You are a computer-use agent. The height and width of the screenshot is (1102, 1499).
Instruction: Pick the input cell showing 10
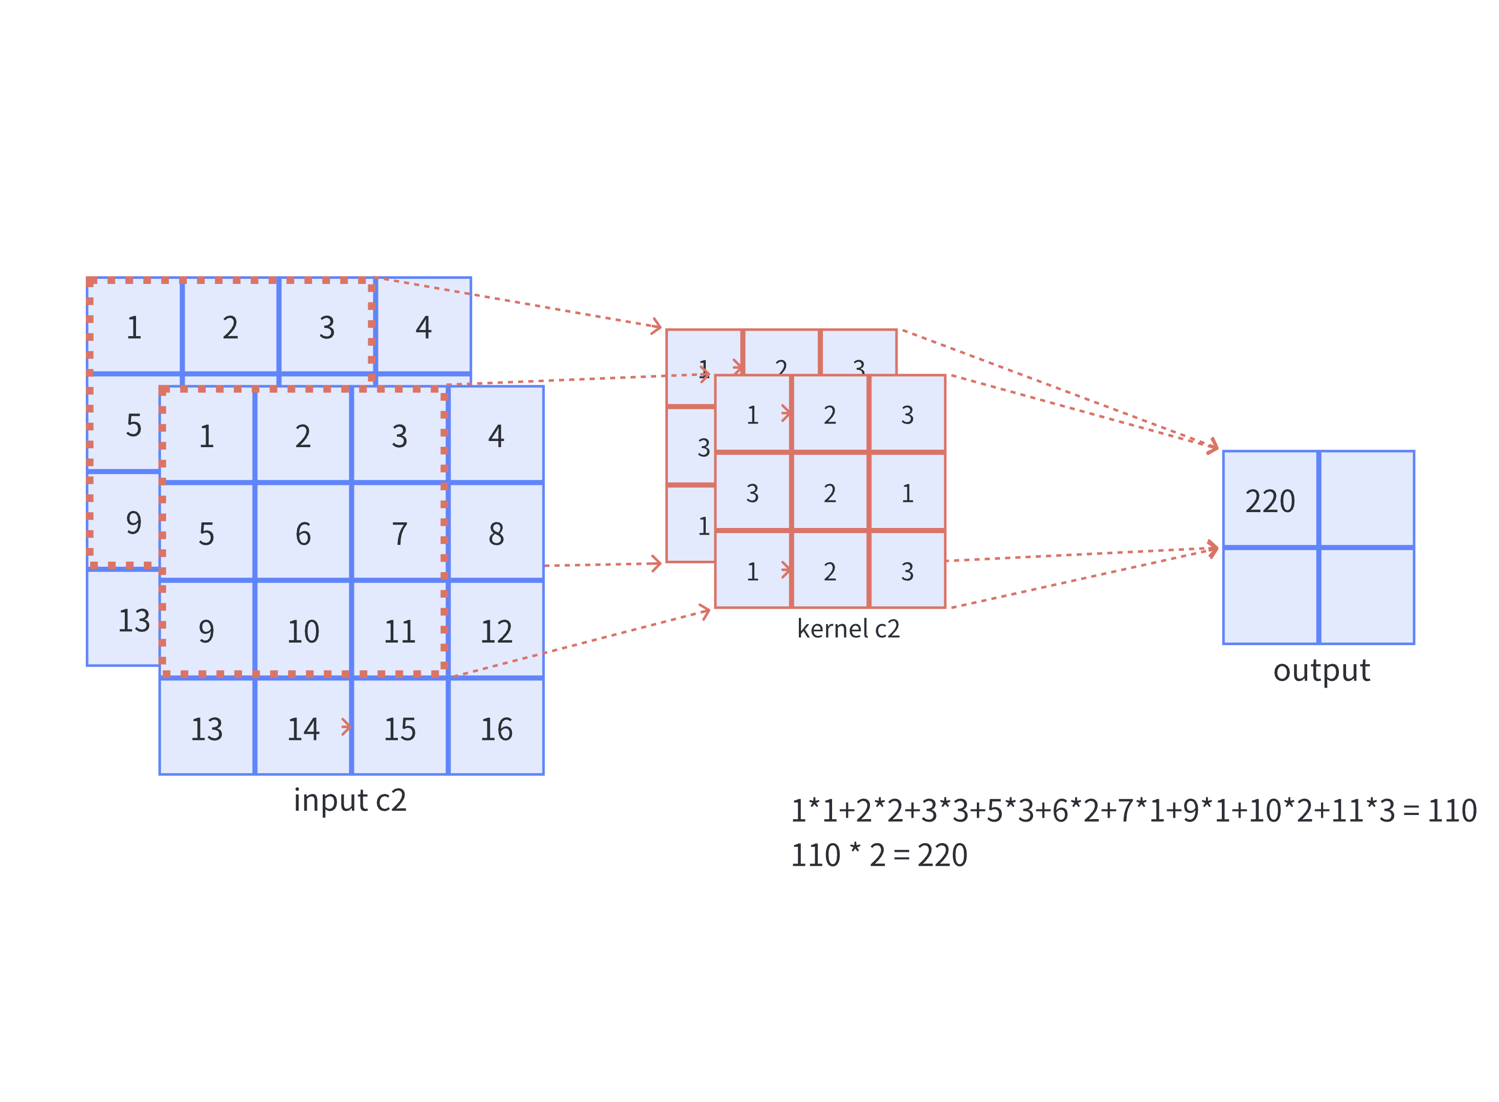tap(303, 630)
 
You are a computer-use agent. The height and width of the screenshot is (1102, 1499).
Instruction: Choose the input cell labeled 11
tap(399, 630)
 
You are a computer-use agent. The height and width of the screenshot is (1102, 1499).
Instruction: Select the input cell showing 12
tap(496, 630)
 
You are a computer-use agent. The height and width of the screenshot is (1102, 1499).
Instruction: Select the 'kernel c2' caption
tap(847, 628)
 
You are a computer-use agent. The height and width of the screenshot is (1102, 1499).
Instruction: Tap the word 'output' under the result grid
tap(1321, 670)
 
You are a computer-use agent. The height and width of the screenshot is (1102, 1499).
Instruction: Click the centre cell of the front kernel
tap(829, 492)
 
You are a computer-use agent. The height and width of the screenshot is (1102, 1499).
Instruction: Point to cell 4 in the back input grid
tap(423, 327)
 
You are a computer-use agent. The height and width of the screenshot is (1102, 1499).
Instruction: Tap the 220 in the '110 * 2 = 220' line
tap(942, 854)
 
